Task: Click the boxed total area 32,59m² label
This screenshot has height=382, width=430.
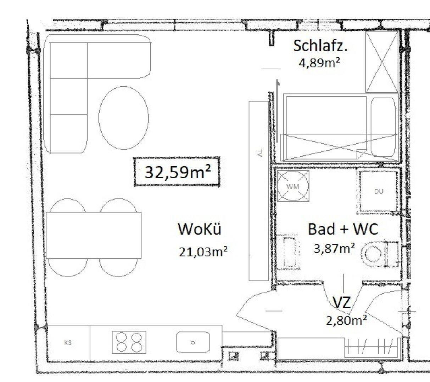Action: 177,172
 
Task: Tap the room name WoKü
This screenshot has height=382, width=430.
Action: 200,229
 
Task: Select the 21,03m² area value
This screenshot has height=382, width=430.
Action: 203,252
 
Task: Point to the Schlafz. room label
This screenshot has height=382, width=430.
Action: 320,46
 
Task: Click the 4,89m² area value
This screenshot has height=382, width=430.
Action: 320,63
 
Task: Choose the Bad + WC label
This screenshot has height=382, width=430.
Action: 343,229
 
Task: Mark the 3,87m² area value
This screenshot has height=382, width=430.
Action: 334,248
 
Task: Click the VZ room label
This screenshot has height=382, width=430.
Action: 342,302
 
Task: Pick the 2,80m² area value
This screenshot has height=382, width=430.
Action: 346,320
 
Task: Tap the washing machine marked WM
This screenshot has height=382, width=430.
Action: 293,186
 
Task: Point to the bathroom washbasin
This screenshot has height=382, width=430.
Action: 288,252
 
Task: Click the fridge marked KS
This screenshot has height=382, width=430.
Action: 68,343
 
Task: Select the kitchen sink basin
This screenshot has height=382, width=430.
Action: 193,342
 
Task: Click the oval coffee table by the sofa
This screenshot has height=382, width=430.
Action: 124,118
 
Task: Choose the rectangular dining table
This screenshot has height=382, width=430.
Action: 94,235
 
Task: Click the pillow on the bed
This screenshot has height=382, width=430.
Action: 383,127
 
